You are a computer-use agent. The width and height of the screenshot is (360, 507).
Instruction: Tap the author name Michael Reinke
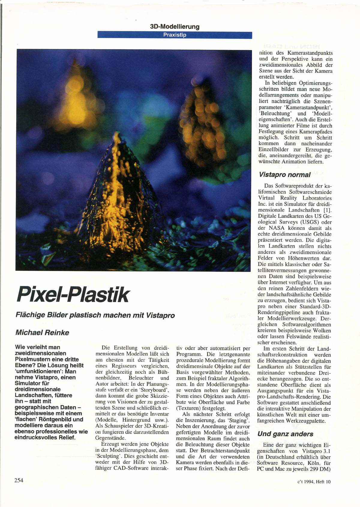(x=42, y=333)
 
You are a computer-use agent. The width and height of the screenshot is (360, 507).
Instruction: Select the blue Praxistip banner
(x=175, y=35)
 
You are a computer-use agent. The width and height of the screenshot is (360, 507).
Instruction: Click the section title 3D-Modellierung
(x=175, y=27)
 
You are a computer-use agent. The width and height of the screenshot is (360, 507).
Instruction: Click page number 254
(x=19, y=480)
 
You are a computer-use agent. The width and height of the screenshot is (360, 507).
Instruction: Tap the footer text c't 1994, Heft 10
(x=314, y=482)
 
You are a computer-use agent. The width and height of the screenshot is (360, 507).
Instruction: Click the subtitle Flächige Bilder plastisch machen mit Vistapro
(x=95, y=315)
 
